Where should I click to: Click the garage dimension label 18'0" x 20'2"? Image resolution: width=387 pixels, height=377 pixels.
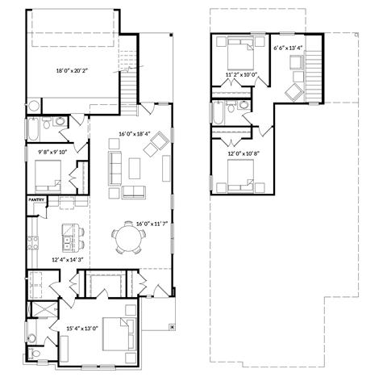73,71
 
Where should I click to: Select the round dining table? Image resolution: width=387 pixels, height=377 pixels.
130,238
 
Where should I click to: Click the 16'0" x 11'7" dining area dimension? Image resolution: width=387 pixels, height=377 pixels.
152,223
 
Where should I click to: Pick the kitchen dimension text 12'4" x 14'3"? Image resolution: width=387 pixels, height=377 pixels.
69,259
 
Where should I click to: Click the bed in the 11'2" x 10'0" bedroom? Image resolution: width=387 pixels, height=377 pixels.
241,53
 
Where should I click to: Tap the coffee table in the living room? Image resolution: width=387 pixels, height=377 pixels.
135,168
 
